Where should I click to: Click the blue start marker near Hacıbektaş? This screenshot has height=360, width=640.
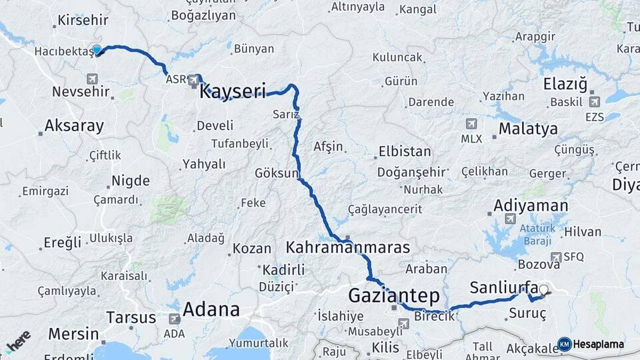[97, 50]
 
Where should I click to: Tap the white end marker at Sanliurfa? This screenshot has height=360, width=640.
[544, 290]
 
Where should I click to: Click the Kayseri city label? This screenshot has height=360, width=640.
[233, 91]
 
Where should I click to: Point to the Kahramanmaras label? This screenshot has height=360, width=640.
[347, 247]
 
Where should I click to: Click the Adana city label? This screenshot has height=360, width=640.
[211, 309]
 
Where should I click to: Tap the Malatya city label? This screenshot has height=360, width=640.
[528, 129]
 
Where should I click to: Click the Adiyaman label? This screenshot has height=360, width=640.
[531, 205]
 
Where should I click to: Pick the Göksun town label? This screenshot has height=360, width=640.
[276, 173]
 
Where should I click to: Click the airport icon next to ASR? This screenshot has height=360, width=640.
[194, 80]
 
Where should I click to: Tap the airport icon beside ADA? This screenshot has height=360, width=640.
[175, 319]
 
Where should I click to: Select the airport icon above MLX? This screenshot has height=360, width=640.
[471, 124]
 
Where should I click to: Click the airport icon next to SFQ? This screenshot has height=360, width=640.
[556, 257]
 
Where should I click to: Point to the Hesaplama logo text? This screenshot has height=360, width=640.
[598, 344]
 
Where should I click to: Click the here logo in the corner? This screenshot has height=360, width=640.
[19, 341]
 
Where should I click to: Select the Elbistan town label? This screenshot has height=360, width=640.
[405, 151]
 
